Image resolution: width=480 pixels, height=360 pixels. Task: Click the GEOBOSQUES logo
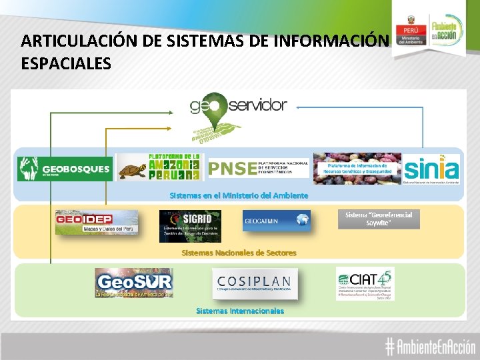tap(65, 168)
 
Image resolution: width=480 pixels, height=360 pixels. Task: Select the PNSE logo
tap(258, 168)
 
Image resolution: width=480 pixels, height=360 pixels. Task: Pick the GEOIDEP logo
tap(97, 222)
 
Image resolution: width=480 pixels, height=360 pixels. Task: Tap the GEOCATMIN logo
tap(276, 221)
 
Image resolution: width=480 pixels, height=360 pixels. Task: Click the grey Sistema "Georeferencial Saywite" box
tap(379, 219)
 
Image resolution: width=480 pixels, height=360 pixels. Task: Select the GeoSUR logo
tap(133, 283)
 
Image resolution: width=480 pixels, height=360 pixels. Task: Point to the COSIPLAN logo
tap(255, 283)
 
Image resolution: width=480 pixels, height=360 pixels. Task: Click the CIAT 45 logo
tap(365, 284)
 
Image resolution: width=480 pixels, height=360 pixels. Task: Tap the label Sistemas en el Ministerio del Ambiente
tap(239, 195)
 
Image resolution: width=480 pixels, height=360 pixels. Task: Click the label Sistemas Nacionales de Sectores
tap(239, 253)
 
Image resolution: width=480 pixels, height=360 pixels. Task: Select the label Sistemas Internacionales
tap(240, 311)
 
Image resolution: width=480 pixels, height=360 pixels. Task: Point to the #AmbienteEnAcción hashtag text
tap(430, 346)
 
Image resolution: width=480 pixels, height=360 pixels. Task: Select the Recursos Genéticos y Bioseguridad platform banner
tap(357, 169)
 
